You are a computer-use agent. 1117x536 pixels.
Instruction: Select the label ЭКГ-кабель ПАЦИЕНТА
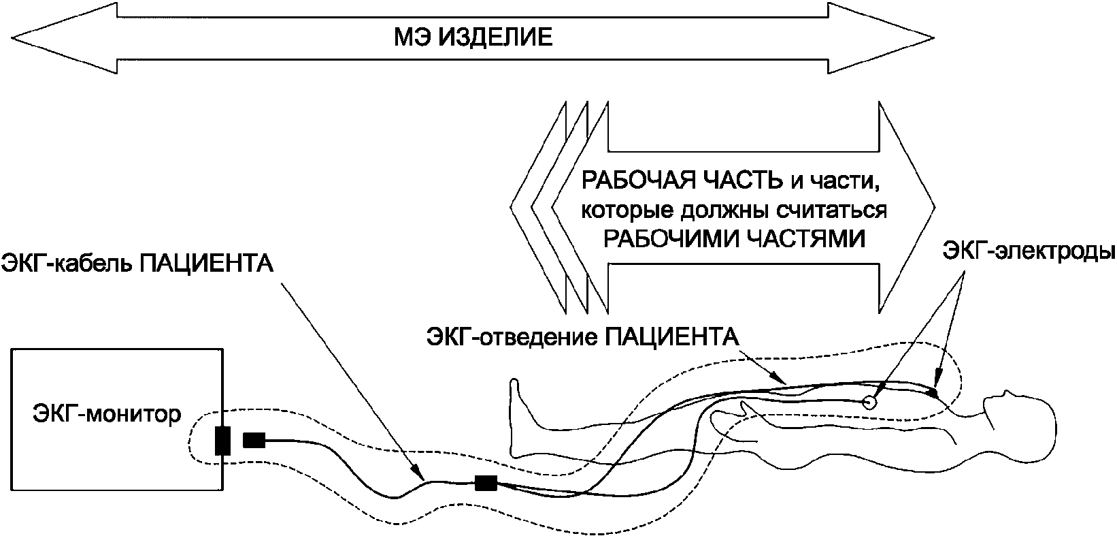(x=138, y=263)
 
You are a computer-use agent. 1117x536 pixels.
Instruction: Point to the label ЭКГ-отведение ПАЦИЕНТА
(x=582, y=336)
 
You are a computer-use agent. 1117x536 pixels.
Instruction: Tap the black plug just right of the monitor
(x=254, y=441)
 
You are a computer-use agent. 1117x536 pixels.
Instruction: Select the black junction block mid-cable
(x=486, y=484)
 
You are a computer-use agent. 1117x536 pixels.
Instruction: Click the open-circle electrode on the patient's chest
(x=868, y=402)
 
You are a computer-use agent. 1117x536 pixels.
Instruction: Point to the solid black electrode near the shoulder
(x=933, y=393)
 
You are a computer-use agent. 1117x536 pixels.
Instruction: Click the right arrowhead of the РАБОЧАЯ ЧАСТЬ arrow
(x=908, y=208)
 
